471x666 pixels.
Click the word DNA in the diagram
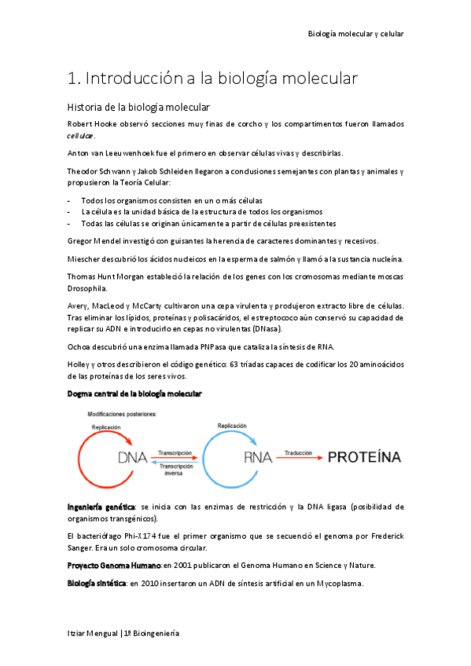134,458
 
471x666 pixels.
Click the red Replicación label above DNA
105,428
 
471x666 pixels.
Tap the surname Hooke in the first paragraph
110,124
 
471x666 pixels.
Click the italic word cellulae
83,136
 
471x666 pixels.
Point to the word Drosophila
93,288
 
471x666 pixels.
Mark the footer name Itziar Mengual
92,633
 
